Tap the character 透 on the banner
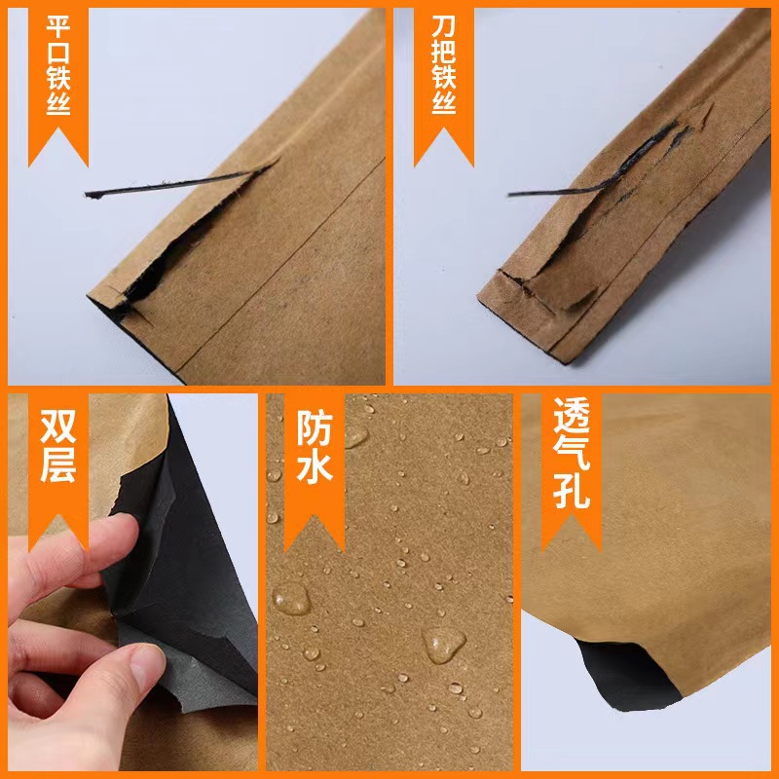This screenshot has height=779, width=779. click(572, 421)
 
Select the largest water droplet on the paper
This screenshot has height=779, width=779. click(443, 644)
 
